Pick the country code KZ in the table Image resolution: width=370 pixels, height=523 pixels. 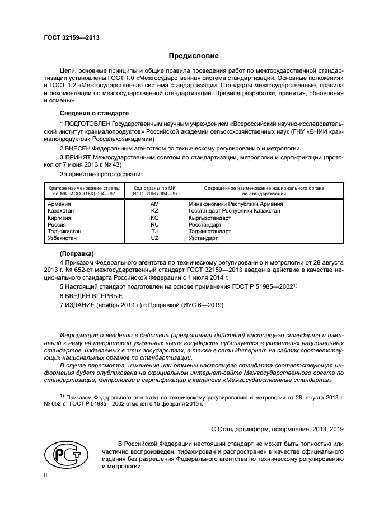[154, 211]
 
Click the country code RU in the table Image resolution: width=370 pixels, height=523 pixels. [154, 224]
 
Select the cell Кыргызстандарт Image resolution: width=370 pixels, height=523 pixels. [214, 218]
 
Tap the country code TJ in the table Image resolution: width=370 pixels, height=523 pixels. [154, 231]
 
